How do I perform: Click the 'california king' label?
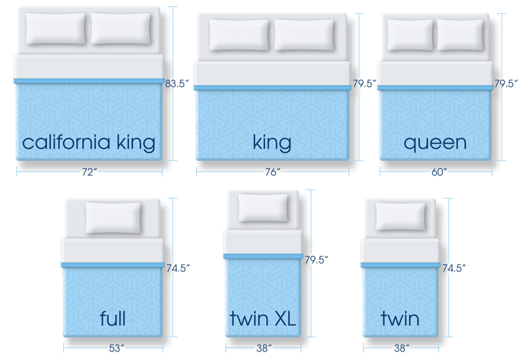(x=88, y=142)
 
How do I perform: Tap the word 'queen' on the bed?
(x=435, y=142)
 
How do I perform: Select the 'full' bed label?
(x=112, y=319)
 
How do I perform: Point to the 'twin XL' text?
(x=262, y=319)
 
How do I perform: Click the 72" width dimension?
(x=89, y=172)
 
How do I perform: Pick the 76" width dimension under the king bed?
(x=272, y=172)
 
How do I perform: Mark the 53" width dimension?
(x=112, y=346)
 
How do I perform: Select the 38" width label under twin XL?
(x=262, y=346)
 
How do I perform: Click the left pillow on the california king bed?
(x=57, y=29)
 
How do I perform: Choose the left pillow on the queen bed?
(x=410, y=34)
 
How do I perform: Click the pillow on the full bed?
(x=113, y=217)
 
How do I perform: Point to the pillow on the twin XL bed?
(x=262, y=208)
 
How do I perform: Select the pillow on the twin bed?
(x=400, y=216)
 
